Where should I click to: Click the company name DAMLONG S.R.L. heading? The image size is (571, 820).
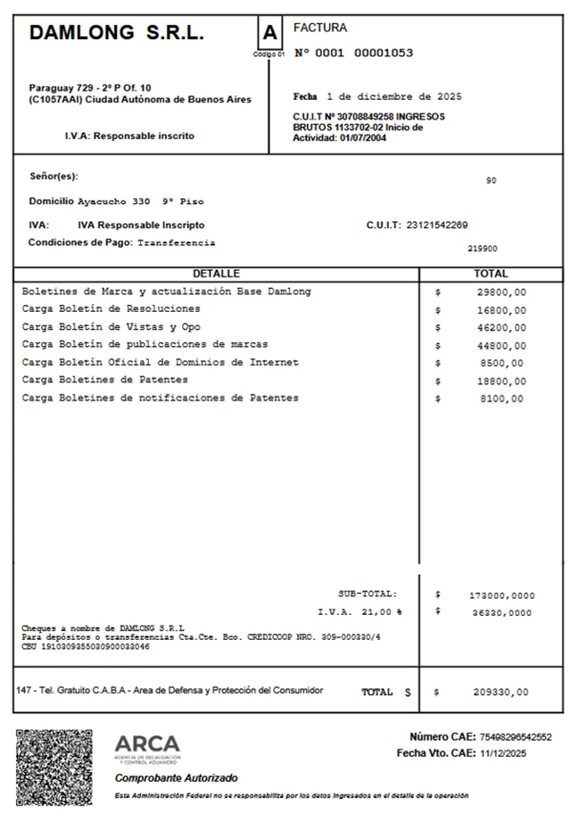(116, 34)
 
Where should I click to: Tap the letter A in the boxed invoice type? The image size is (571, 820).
(269, 34)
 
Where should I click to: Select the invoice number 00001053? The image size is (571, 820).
(384, 53)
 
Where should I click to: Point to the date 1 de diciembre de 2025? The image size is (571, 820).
(393, 96)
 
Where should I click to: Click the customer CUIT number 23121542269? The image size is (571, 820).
(436, 225)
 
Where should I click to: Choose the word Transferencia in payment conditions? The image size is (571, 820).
(177, 242)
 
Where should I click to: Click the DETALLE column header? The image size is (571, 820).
(216, 274)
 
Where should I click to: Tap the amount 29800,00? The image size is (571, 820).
(501, 292)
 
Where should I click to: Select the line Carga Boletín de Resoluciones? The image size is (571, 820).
(111, 309)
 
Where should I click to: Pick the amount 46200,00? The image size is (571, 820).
(501, 328)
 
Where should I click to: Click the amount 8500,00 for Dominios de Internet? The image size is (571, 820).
(504, 364)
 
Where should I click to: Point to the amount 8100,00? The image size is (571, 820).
(504, 399)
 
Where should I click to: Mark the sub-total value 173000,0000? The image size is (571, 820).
(501, 594)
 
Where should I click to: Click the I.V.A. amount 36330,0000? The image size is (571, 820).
(501, 613)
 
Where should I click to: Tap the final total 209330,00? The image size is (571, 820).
(501, 693)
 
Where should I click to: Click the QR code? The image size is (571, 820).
(54, 766)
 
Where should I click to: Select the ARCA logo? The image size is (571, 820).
(147, 747)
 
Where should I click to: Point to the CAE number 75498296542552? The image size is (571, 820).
(516, 737)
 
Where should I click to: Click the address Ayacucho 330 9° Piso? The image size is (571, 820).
(141, 201)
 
